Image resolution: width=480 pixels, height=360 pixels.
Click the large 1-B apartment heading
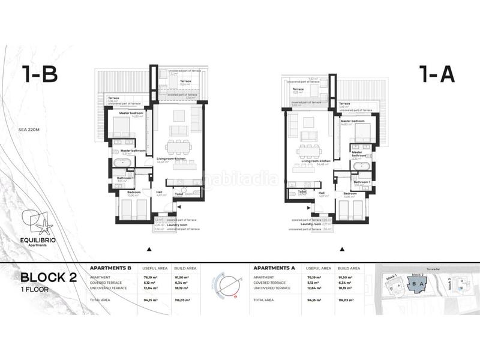pyautogui.click(x=40, y=75)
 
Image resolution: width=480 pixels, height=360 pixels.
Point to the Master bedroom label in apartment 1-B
pyautogui.click(x=131, y=113)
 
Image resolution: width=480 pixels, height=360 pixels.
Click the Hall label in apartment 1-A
pyautogui.click(x=322, y=193)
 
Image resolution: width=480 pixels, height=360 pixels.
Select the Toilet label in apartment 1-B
pyautogui.click(x=179, y=194)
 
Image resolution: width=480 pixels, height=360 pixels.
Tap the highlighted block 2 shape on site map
pyautogui.click(x=418, y=284)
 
